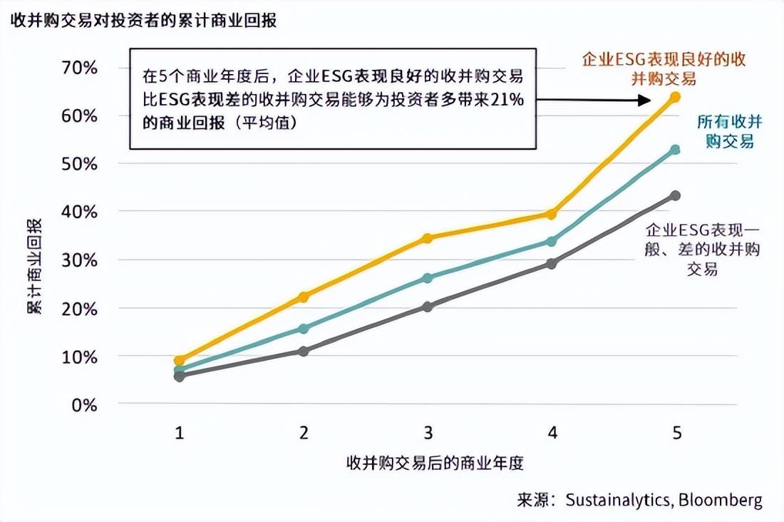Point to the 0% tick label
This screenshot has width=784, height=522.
click(85, 404)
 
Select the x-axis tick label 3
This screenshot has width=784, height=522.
click(428, 433)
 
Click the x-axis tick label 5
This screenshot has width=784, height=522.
click(676, 433)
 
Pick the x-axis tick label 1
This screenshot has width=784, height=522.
click(180, 433)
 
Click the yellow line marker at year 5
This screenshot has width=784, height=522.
click(675, 96)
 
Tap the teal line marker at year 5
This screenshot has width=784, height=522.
click(675, 150)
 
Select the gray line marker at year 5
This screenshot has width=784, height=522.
click(675, 195)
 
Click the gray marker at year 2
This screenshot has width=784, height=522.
click(304, 351)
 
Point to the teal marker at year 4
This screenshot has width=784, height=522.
click(551, 241)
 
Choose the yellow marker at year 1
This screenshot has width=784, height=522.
click(180, 360)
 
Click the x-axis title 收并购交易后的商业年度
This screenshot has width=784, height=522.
click(435, 463)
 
